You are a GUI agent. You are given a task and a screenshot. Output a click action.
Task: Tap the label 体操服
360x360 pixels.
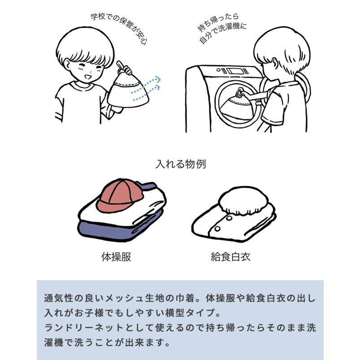pos(116,257)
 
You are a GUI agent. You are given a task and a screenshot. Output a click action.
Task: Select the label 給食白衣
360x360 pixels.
pos(230,257)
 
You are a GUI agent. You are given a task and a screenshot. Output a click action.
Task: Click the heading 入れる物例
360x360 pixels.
pos(181,164)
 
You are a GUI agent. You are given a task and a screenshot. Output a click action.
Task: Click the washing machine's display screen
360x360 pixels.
pos(234,70)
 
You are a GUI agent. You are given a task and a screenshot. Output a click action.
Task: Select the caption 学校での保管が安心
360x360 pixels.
pos(119,27)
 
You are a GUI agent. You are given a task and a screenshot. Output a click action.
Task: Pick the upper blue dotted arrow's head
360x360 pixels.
pos(157,79)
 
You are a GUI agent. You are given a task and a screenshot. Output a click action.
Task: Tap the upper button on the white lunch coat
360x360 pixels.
pos(229,218)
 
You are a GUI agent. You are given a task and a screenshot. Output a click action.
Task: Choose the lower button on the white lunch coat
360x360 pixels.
pos(217,229)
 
